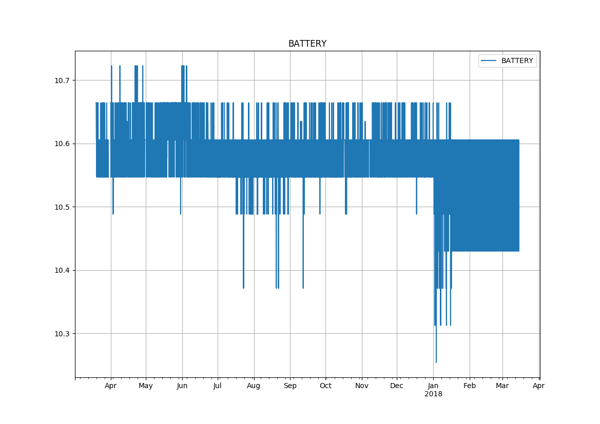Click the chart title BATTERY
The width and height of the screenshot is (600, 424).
(x=307, y=44)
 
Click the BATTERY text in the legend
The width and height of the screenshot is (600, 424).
(x=517, y=61)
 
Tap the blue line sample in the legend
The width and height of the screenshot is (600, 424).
(x=489, y=61)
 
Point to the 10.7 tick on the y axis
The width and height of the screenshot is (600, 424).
(x=62, y=80)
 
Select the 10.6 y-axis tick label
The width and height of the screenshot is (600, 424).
(x=62, y=144)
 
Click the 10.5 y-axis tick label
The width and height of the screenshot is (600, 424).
(x=62, y=207)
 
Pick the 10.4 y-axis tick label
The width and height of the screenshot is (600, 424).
(x=62, y=271)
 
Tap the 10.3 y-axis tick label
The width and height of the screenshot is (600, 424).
(x=62, y=334)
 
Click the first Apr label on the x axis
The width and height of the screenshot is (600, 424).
(x=111, y=386)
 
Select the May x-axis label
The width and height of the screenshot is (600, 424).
(x=146, y=386)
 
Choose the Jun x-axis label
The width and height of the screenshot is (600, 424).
(x=182, y=386)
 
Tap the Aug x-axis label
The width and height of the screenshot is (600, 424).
(x=254, y=386)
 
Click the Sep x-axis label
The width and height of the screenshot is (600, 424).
(x=290, y=386)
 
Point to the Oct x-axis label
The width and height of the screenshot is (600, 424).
(x=325, y=386)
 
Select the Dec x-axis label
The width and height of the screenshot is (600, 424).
(x=397, y=386)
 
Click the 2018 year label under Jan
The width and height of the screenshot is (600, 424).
(x=433, y=394)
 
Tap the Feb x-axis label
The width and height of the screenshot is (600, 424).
(x=470, y=386)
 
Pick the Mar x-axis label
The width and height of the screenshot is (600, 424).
(x=502, y=386)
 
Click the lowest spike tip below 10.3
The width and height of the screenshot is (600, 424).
(x=436, y=362)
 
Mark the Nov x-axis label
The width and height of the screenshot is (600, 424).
(x=362, y=386)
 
